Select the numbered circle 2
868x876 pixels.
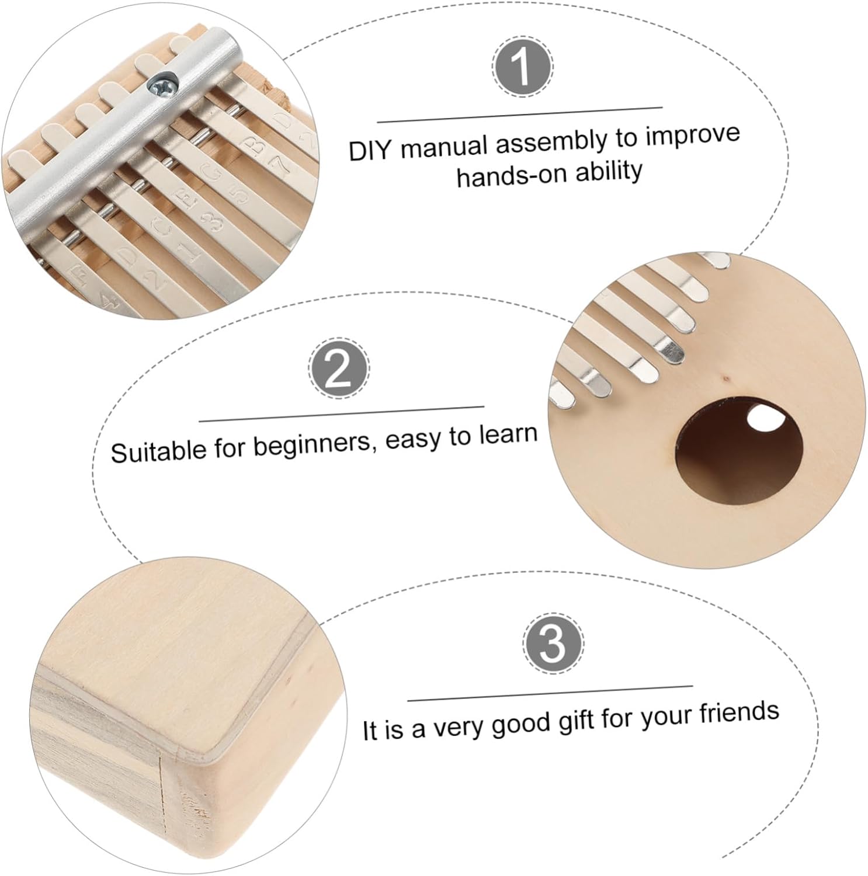point(339,367)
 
